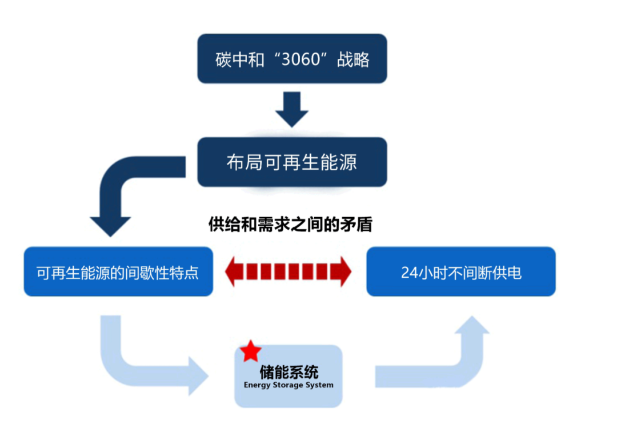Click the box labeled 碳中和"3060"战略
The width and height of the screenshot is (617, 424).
coord(292,59)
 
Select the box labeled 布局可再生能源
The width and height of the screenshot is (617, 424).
coord(292,162)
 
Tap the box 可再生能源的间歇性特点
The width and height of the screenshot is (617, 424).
coord(118,272)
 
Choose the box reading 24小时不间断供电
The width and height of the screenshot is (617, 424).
coord(460,272)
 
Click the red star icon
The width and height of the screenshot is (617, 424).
coord(251,351)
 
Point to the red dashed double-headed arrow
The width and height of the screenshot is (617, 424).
coord(289,271)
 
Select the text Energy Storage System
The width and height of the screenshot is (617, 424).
coord(289,385)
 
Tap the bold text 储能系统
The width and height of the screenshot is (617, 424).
coord(289,371)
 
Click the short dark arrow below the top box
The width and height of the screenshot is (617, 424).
coord(291,109)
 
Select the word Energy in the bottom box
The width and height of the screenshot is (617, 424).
coord(257,385)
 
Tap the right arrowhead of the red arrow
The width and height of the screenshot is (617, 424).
coord(344,271)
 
